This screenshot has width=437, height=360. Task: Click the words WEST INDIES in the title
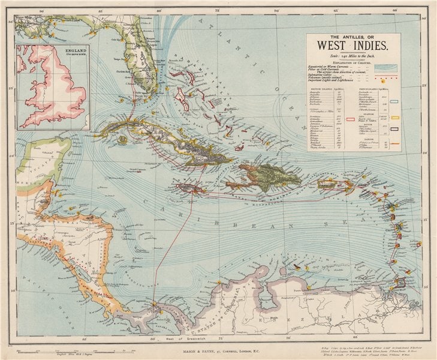(353, 44)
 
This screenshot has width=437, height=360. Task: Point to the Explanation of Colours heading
(352, 62)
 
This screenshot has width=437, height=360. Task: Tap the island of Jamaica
(191, 188)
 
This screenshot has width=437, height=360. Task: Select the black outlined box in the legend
(395, 127)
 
